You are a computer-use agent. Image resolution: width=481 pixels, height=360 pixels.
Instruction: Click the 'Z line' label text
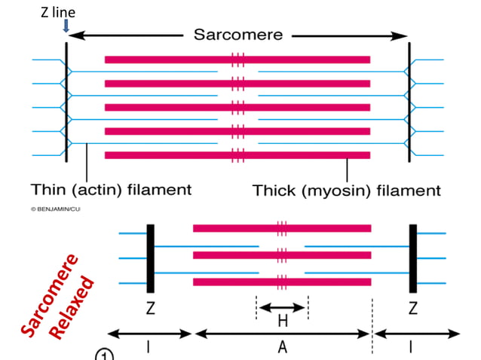tap(58, 13)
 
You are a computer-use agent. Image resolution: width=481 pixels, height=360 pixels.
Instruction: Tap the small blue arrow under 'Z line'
tap(66, 26)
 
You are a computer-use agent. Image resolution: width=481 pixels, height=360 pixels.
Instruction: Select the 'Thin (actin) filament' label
tap(111, 189)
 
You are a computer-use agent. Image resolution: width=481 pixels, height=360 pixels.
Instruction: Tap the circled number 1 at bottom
tap(103, 355)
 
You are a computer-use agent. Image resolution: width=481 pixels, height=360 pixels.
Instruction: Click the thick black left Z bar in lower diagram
tap(150, 258)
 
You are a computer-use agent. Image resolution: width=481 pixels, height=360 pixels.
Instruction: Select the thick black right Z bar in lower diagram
tap(412, 258)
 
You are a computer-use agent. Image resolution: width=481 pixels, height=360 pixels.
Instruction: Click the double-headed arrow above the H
tap(282, 307)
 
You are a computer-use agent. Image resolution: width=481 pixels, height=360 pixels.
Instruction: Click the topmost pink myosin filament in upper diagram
tap(237, 59)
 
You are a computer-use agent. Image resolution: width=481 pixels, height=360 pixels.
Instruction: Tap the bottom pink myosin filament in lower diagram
tap(282, 282)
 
